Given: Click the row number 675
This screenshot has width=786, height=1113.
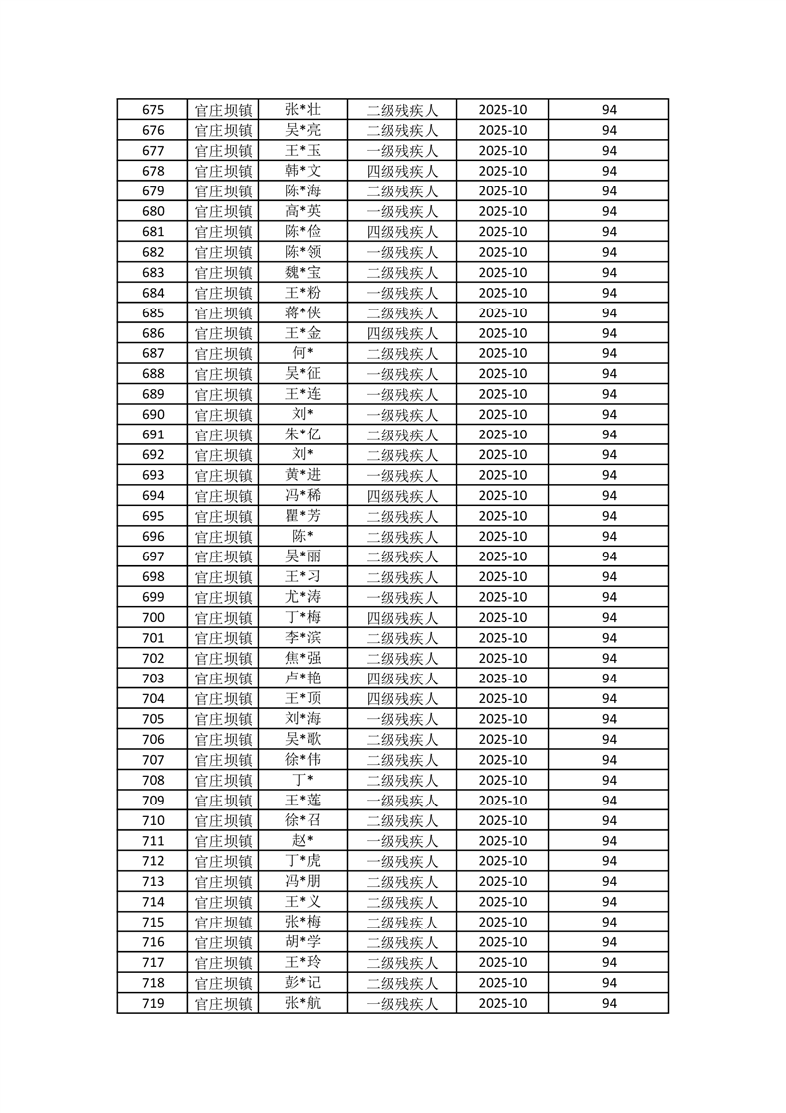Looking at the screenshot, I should click(x=153, y=110).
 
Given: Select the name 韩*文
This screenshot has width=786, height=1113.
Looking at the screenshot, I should click(x=302, y=171).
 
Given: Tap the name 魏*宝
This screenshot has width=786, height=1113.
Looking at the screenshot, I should click(x=302, y=273).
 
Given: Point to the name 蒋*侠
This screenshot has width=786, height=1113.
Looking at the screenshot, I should click(x=302, y=313).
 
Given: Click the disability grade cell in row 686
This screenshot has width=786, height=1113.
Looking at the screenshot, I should click(x=401, y=333).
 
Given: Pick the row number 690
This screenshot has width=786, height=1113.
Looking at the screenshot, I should click(x=153, y=415).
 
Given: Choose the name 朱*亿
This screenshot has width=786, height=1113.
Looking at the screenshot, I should click(x=302, y=434).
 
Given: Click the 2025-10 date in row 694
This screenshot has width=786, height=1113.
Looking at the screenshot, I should click(x=503, y=496).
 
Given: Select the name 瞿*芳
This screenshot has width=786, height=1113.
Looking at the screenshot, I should click(x=302, y=516).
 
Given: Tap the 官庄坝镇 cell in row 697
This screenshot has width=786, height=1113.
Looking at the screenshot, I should click(x=223, y=556).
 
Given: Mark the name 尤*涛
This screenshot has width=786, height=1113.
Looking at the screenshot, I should click(x=302, y=597).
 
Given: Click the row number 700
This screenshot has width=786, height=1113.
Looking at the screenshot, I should click(x=153, y=617).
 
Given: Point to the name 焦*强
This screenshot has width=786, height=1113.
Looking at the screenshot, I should click(x=302, y=658).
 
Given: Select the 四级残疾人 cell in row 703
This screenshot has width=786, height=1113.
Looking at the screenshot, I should click(x=401, y=679).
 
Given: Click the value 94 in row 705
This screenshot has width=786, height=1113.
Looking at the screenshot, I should click(x=609, y=719).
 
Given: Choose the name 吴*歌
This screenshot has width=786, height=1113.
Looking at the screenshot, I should click(x=302, y=739).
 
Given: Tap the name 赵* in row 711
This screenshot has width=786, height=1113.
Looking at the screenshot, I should click(x=302, y=841).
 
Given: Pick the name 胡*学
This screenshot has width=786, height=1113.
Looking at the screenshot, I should click(x=302, y=942).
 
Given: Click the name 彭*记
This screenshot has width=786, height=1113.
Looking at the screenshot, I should click(x=302, y=983).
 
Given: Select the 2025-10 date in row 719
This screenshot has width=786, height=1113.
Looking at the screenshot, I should click(x=503, y=1003).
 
